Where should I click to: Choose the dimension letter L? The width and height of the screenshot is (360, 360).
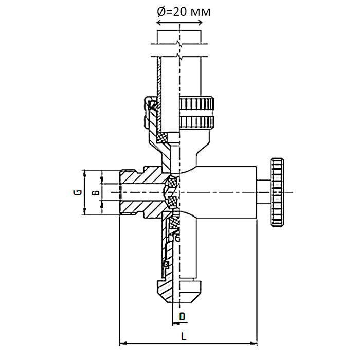click(184, 336)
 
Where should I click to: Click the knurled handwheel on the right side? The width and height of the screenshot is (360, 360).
click(277, 192)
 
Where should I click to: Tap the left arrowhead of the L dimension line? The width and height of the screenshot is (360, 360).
click(122, 342)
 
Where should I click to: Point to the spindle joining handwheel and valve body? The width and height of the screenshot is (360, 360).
click(263, 192)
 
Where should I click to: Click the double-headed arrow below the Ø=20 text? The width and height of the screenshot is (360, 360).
click(178, 23)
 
